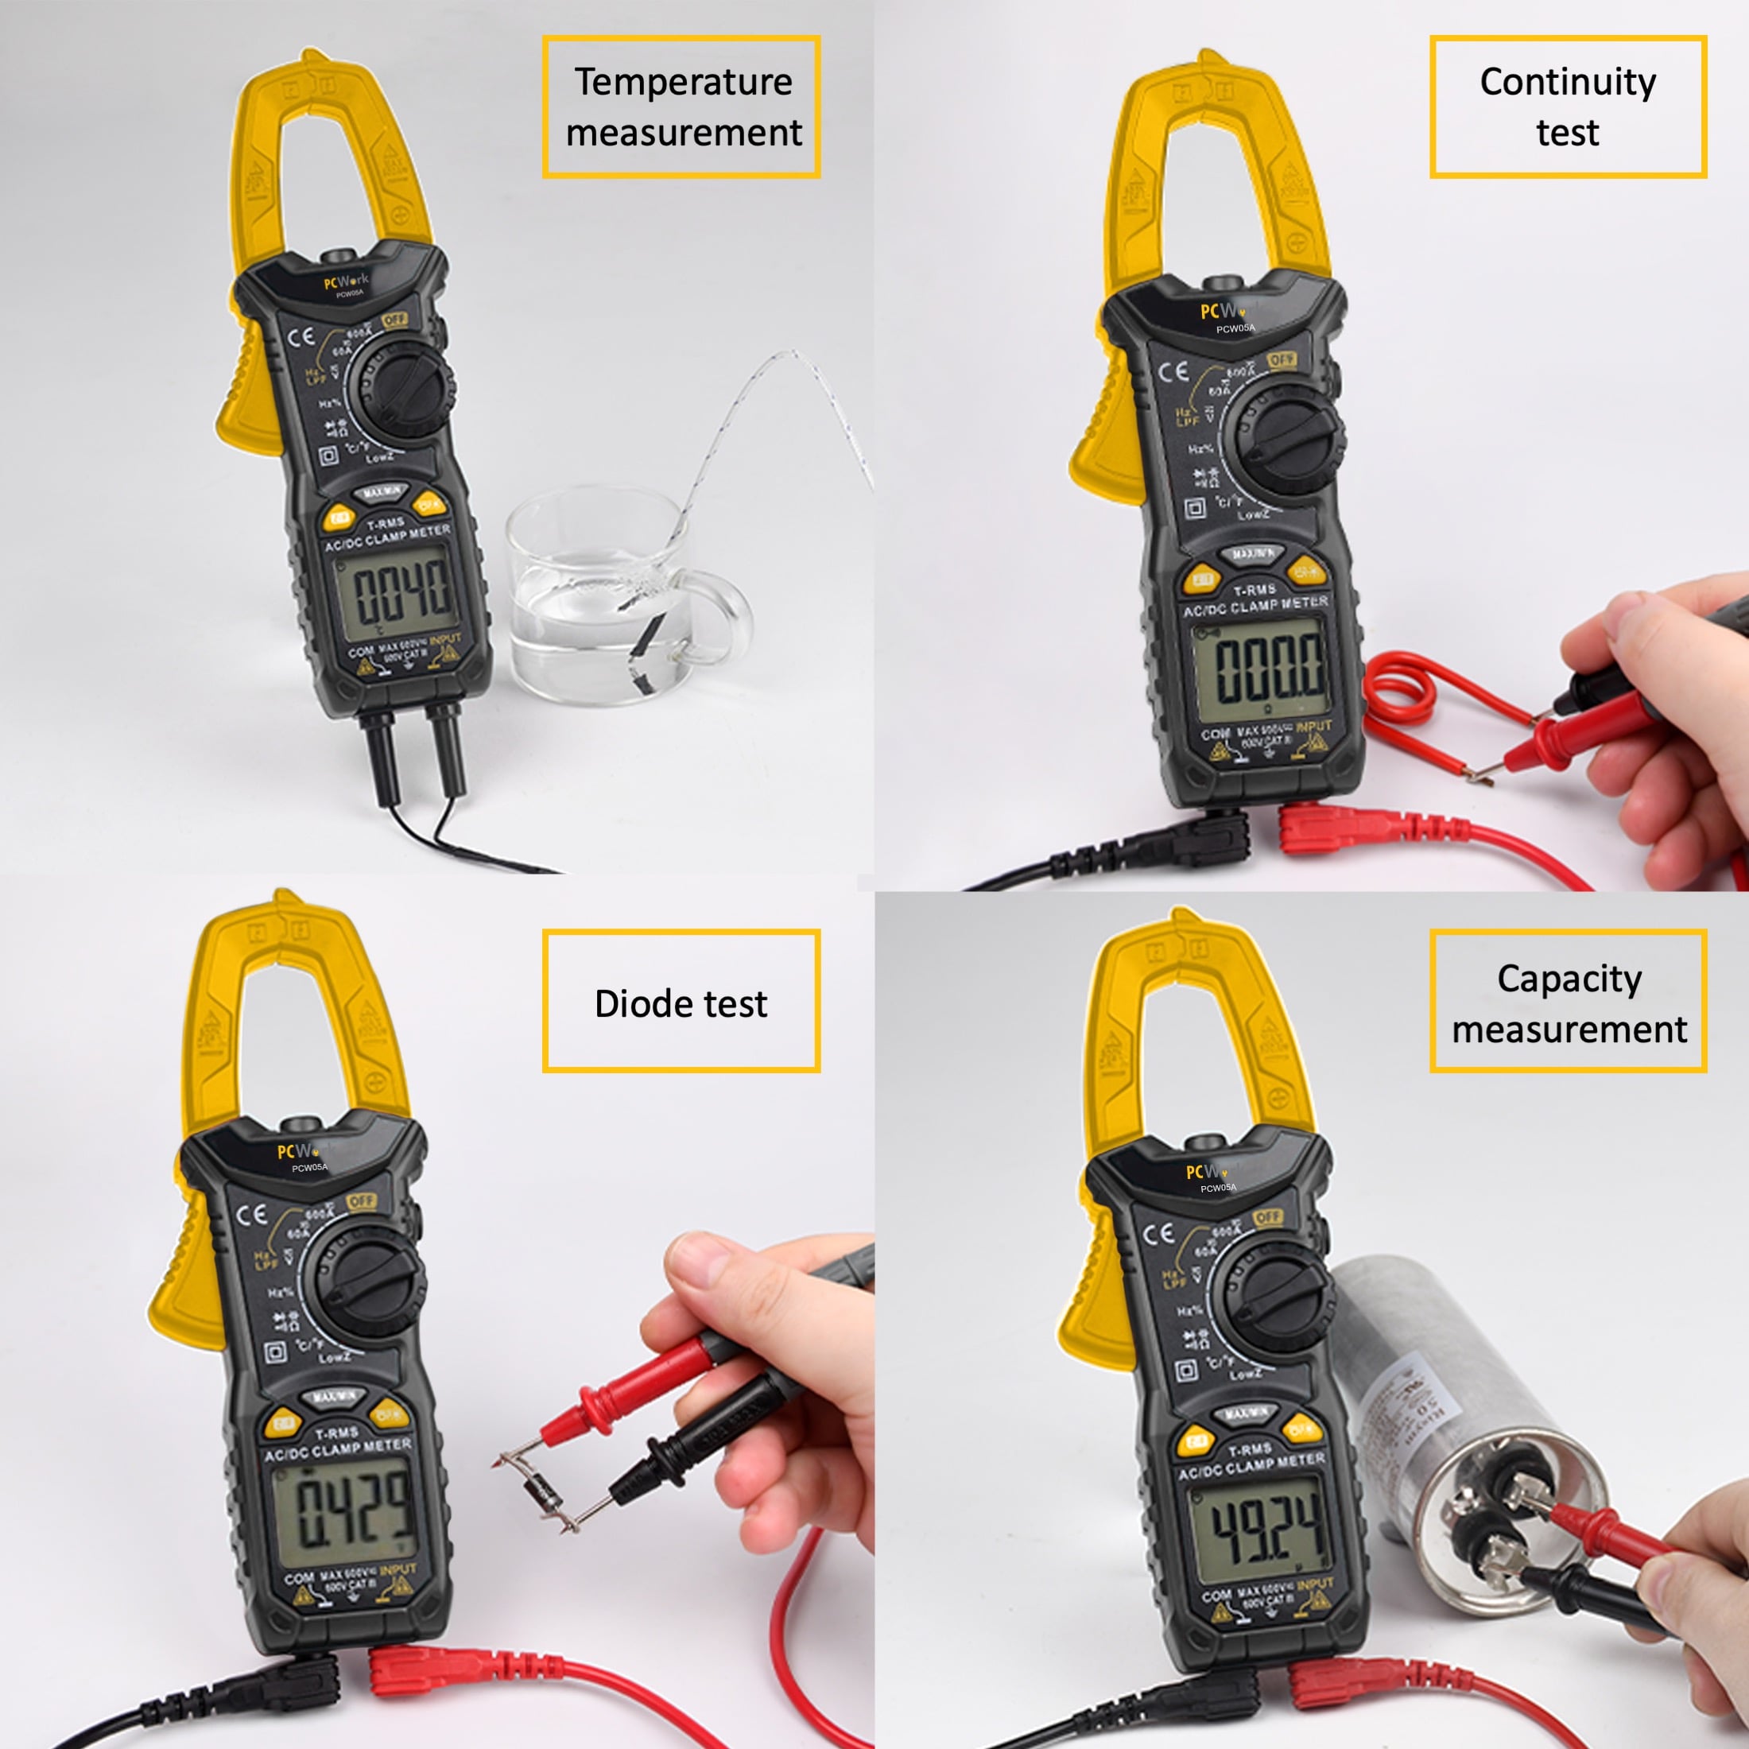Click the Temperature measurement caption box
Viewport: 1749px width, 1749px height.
tap(681, 107)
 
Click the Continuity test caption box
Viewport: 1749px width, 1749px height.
tap(1567, 107)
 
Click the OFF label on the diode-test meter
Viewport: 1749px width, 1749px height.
tap(360, 1200)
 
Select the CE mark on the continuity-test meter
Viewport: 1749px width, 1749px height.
tap(1173, 372)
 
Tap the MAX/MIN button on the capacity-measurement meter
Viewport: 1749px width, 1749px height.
tap(1246, 1414)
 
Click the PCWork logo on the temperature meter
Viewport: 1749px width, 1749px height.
tap(346, 281)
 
